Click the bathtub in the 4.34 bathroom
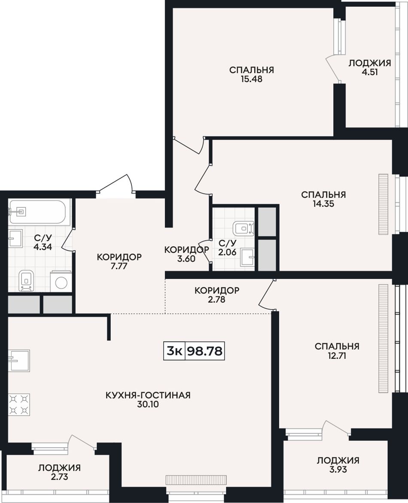point(37,212)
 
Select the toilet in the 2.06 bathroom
point(244,228)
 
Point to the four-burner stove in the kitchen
point(19,405)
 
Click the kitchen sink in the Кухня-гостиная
point(19,361)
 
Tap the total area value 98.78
point(205,351)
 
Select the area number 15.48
point(252,79)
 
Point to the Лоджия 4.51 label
point(370,67)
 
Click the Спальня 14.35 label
point(323,199)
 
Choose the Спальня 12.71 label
point(337,351)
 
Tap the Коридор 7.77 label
point(119,261)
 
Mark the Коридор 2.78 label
point(217,295)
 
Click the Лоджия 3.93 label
point(338,465)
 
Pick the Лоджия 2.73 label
point(59,472)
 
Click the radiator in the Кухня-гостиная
point(196,479)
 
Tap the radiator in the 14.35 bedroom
point(383,204)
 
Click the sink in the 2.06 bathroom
point(248,257)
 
